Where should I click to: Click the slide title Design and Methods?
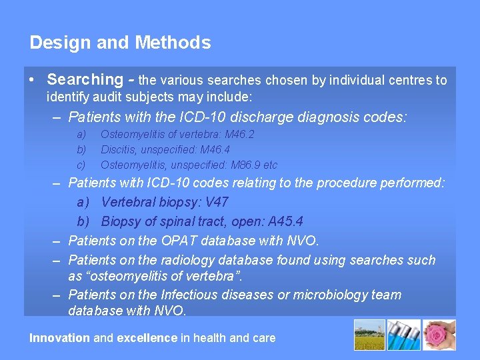120,43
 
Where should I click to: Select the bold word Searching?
85,80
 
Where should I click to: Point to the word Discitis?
116,149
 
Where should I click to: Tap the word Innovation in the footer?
59,338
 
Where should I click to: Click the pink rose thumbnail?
440,335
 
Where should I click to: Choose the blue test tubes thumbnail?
405,335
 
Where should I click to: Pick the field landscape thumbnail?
370,335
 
